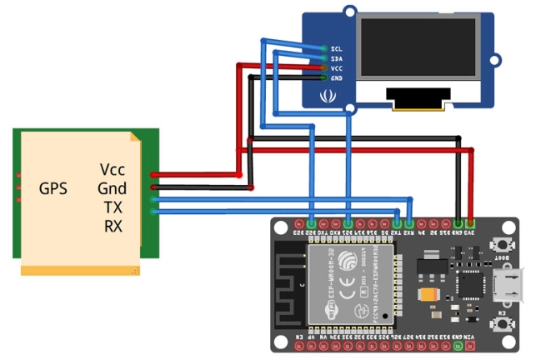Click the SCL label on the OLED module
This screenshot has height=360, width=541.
coord(337,49)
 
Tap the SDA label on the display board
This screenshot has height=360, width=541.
coord(337,58)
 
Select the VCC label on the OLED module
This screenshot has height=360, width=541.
coord(337,68)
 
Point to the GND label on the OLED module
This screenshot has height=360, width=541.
coord(337,78)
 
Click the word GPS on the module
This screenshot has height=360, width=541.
coord(53,188)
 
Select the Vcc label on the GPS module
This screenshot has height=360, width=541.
coord(113,170)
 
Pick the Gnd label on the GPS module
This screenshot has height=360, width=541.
coord(113,188)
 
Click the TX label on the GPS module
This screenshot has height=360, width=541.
coord(113,207)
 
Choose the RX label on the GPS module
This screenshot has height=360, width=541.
coord(113,225)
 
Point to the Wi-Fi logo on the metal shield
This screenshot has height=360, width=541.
coord(328,310)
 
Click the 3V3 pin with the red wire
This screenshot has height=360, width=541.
coord(471,224)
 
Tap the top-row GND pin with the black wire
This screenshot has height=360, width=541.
coord(458,224)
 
